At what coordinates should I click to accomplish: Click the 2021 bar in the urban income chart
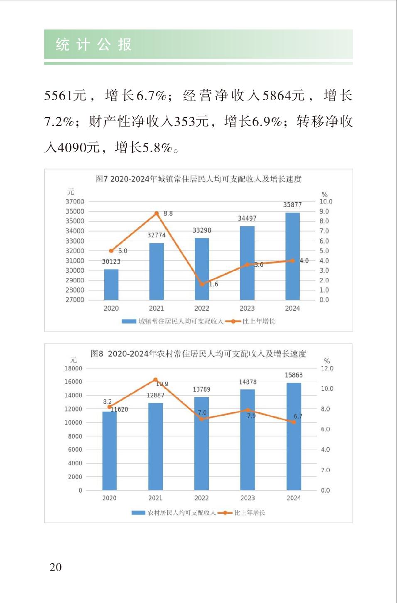(x=157, y=271)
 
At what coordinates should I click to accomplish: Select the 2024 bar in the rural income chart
(x=294, y=436)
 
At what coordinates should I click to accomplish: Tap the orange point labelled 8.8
(x=157, y=213)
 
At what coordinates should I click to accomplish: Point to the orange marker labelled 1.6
(x=202, y=284)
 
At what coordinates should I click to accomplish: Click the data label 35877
(x=292, y=205)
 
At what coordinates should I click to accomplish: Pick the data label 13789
(x=201, y=389)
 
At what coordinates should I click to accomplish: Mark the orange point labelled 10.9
(x=155, y=380)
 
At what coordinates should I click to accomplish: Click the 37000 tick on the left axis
(x=75, y=201)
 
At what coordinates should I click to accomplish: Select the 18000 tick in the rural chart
(x=73, y=368)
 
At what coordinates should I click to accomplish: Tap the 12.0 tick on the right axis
(x=327, y=368)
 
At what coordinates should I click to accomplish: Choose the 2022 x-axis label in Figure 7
(x=202, y=308)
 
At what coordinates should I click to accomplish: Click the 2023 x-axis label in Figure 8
(x=248, y=498)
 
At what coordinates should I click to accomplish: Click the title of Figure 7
(x=198, y=179)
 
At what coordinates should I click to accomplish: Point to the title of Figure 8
(x=198, y=354)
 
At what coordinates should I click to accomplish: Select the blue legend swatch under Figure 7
(x=129, y=321)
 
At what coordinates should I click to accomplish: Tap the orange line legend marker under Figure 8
(x=225, y=513)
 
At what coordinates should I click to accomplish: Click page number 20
(x=56, y=567)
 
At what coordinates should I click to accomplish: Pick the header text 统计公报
(x=94, y=44)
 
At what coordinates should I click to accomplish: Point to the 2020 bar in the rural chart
(x=110, y=451)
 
